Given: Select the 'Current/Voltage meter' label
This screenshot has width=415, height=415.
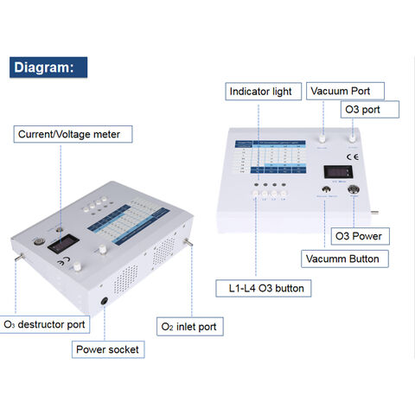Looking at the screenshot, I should (73, 133).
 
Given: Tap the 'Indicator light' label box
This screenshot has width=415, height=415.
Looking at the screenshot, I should (265, 91).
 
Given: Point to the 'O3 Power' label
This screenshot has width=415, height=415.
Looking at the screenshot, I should (361, 235).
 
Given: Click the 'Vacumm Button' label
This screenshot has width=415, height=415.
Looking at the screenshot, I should (342, 258).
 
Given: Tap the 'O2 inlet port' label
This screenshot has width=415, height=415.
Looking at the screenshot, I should (190, 327).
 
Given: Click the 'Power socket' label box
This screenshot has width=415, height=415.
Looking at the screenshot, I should (105, 349).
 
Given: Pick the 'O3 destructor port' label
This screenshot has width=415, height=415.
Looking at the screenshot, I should (45, 325).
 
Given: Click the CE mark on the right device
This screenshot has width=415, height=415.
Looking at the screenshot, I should (352, 157).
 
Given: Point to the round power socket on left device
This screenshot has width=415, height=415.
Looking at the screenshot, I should (105, 302).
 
